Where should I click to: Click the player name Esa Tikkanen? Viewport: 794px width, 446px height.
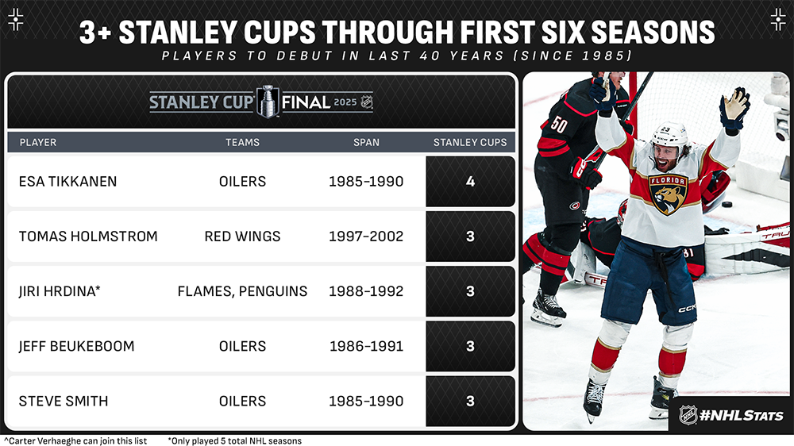pos(67,181)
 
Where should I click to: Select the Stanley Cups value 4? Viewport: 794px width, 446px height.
pos(470,181)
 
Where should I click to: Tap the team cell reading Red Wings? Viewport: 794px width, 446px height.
pos(242,236)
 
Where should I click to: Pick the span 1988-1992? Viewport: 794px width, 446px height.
pos(366,291)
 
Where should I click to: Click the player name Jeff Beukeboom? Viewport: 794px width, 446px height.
pos(76,346)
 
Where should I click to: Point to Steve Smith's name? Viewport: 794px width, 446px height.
pos(64,401)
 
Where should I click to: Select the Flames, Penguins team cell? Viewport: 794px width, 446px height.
pos(242,291)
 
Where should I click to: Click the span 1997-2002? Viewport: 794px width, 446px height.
pos(366,236)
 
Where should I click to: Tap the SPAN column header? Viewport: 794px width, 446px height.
pos(366,142)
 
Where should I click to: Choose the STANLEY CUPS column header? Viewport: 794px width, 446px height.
pos(470,142)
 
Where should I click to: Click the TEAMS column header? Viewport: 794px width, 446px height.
pos(242,142)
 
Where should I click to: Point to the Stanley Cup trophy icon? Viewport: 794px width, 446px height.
pos(268,102)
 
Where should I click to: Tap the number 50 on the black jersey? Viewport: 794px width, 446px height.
pos(558,124)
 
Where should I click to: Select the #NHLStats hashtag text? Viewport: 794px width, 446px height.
pos(742,416)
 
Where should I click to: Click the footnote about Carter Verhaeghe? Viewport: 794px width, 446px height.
pos(76,441)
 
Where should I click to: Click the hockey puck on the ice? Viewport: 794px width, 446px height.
pos(727,205)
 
